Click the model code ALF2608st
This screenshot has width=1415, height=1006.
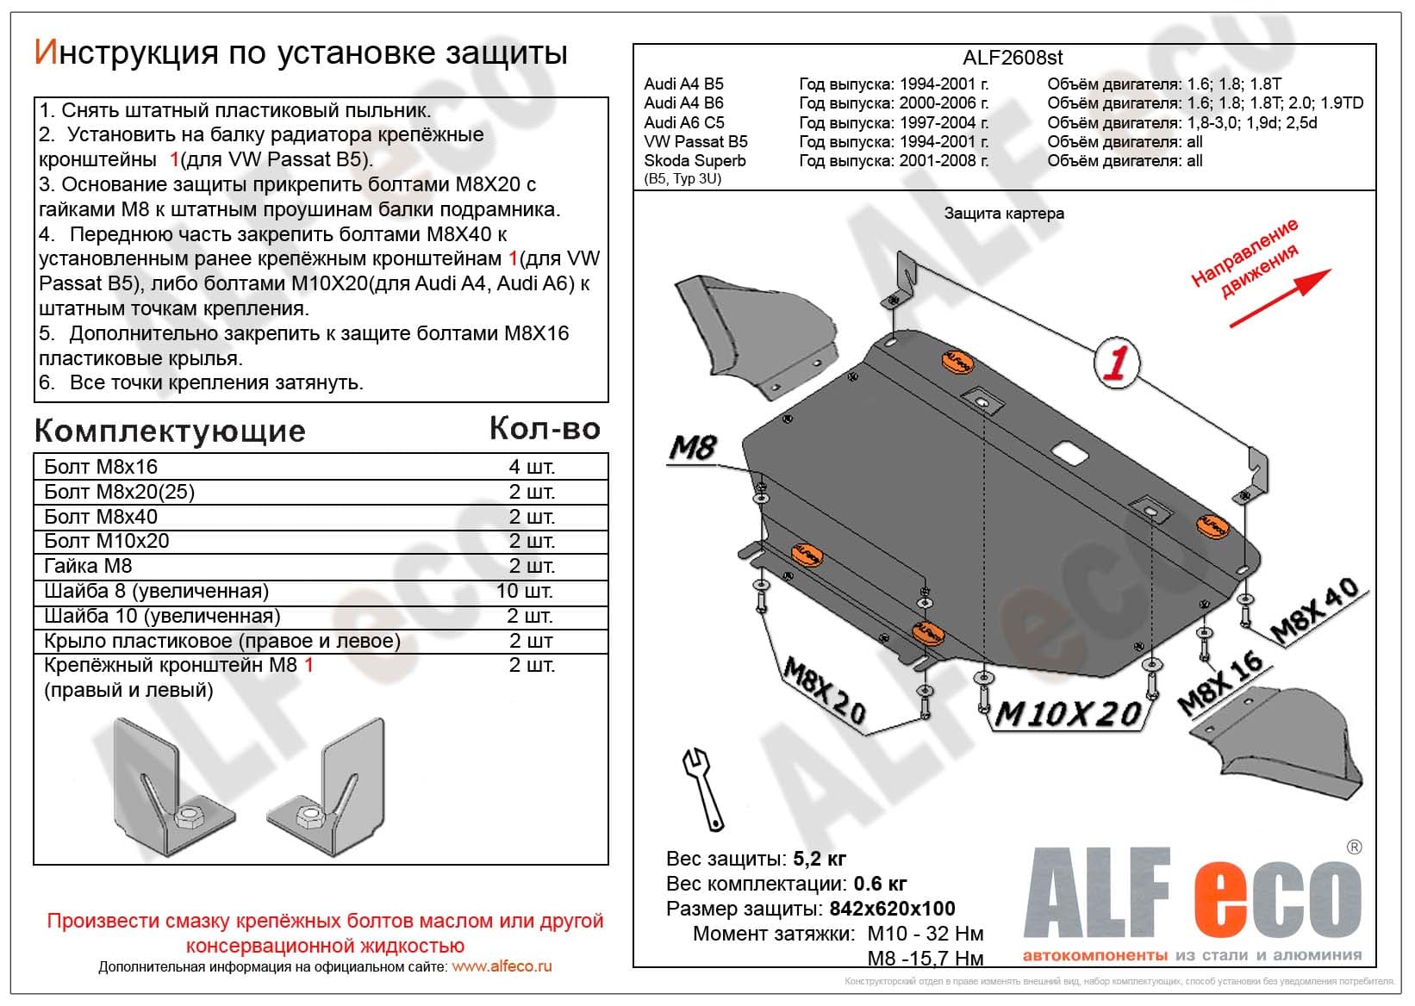(x=1012, y=58)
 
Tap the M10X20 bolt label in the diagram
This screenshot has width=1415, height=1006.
(x=1069, y=714)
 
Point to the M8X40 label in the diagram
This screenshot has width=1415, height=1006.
(x=1315, y=612)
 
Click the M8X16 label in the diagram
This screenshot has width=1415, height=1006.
(x=1220, y=684)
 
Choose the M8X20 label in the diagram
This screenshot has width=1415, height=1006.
(x=823, y=690)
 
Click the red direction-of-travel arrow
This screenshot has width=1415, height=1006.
(x=1280, y=298)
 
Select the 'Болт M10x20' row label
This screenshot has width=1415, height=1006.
(x=107, y=541)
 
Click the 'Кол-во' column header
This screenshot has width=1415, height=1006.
(x=545, y=428)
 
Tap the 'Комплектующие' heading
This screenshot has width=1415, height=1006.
(x=170, y=431)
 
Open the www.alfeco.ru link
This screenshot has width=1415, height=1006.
(x=502, y=966)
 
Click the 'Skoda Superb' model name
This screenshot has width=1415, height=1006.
(x=695, y=161)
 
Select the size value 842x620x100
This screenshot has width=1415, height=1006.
(x=892, y=909)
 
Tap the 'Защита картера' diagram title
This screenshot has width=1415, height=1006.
(x=1004, y=214)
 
